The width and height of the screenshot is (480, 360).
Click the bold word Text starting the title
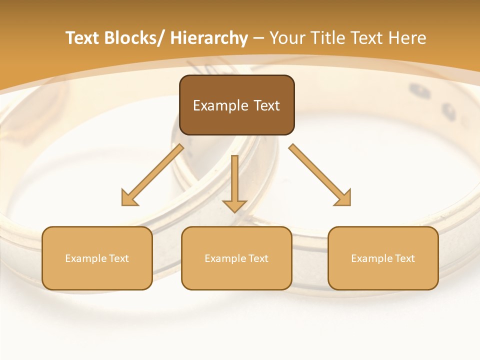tap(82, 38)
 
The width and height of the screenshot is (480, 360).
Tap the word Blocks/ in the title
tap(133, 38)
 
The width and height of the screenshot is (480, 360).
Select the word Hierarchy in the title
tap(209, 38)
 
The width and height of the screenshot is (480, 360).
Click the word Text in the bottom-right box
tap(405, 258)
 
